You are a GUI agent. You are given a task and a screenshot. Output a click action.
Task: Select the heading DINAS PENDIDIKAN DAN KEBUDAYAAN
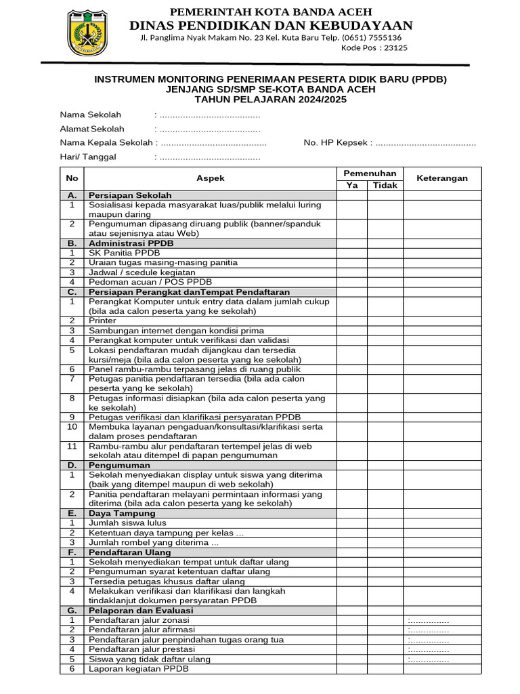pyautogui.click(x=272, y=25)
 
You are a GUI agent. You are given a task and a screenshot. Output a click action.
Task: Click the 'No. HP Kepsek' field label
pyautogui.click(x=335, y=143)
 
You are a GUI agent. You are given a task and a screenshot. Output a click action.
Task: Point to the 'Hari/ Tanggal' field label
pyautogui.click(x=88, y=157)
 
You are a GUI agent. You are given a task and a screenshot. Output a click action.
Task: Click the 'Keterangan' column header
pyautogui.click(x=441, y=178)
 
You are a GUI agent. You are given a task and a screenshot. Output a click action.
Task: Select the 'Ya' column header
pyautogui.click(x=352, y=185)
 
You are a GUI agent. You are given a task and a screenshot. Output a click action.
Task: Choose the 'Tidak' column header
pyautogui.click(x=385, y=185)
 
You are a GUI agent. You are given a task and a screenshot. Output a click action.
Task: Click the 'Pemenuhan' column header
pyautogui.click(x=369, y=173)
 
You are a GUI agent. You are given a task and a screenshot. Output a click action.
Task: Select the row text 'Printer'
pyautogui.click(x=102, y=321)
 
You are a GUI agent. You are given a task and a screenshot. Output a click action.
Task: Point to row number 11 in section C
pyautogui.click(x=72, y=447)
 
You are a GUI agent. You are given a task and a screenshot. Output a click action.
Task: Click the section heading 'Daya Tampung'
pyautogui.click(x=118, y=514)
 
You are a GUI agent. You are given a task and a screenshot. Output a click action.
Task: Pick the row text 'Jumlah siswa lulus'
pyautogui.click(x=127, y=523)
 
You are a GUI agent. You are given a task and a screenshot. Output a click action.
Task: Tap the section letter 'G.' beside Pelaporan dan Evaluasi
pyautogui.click(x=72, y=611)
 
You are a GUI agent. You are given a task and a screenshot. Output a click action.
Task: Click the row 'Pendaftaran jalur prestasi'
pyautogui.click(x=140, y=649)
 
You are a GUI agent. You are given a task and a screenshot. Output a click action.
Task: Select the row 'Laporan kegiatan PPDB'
pyautogui.click(x=139, y=669)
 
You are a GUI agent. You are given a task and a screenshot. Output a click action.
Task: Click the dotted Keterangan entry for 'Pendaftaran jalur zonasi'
pyautogui.click(x=429, y=621)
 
